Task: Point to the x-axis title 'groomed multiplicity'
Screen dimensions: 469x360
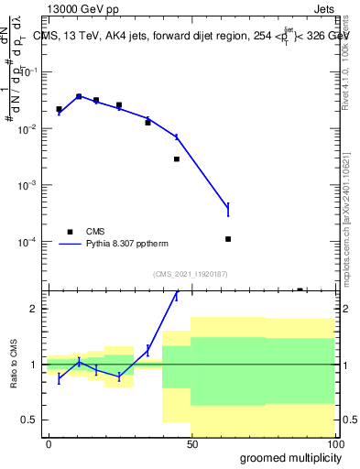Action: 287,456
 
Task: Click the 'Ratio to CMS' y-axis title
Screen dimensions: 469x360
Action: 15,365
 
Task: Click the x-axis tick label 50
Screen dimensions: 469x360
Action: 191,443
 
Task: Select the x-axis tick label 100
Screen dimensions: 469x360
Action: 334,443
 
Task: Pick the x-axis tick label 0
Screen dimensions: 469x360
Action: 48,443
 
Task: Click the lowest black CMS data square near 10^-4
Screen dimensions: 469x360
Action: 228,239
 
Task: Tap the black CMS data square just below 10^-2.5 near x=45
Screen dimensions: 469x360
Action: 177,159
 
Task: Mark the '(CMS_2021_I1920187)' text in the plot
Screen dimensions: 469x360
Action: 190,274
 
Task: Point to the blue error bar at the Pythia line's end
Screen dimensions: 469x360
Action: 228,210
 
